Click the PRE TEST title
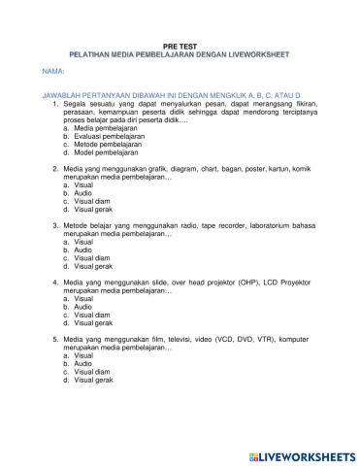click(180, 45)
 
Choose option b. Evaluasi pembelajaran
click(101, 136)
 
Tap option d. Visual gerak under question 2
click(93, 209)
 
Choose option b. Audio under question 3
click(82, 250)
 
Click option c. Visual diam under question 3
click(91, 257)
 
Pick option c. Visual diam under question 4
click(91, 316)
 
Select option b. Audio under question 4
click(82, 307)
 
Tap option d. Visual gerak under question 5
click(93, 381)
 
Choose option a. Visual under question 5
click(83, 356)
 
